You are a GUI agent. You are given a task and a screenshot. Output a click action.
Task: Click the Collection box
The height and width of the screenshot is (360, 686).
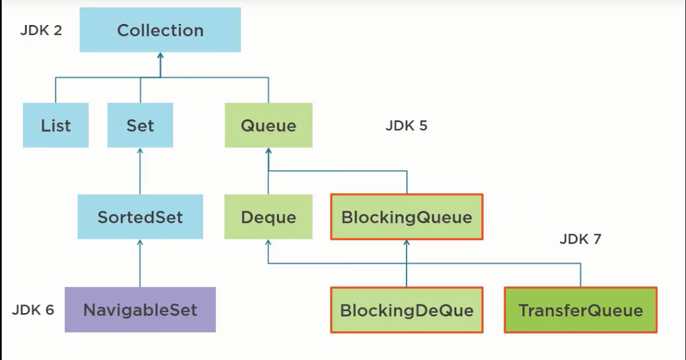(160, 30)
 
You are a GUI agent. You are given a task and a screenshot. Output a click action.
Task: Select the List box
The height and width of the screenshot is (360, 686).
(56, 125)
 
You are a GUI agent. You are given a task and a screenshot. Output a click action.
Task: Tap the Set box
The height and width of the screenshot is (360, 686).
(140, 125)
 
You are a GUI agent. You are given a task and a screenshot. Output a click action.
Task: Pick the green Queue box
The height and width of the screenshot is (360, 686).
(268, 125)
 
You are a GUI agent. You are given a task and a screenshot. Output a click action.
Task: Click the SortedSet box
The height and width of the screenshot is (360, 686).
(140, 217)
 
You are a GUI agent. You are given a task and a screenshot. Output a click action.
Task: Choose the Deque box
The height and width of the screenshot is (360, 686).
(268, 217)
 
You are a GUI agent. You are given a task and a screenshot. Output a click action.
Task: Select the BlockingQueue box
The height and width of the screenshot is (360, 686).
(406, 217)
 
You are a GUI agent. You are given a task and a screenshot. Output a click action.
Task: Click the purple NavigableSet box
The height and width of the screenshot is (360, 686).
(140, 310)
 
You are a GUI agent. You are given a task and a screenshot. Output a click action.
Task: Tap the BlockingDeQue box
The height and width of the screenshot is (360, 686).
(406, 310)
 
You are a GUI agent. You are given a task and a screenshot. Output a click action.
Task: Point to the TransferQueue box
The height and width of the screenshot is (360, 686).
(580, 310)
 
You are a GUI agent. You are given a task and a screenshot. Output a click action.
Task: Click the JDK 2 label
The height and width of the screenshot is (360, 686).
(41, 30)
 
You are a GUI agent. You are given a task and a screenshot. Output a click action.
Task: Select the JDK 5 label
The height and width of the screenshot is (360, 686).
(406, 126)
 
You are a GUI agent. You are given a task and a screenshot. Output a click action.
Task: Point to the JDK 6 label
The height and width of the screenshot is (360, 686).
(33, 310)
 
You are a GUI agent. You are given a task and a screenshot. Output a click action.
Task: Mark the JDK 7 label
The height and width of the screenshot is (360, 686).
(580, 239)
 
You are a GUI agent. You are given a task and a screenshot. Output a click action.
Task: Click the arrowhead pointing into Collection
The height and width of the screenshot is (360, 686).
(160, 56)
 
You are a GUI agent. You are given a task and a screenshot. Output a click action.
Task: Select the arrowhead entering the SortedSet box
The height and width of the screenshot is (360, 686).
(140, 243)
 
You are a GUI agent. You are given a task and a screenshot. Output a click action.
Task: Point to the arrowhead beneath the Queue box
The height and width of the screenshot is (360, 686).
(268, 151)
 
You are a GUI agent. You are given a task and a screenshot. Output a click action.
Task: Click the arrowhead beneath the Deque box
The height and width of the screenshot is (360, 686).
(268, 243)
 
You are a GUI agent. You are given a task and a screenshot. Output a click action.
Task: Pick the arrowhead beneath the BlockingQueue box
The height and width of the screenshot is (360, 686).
(406, 243)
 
